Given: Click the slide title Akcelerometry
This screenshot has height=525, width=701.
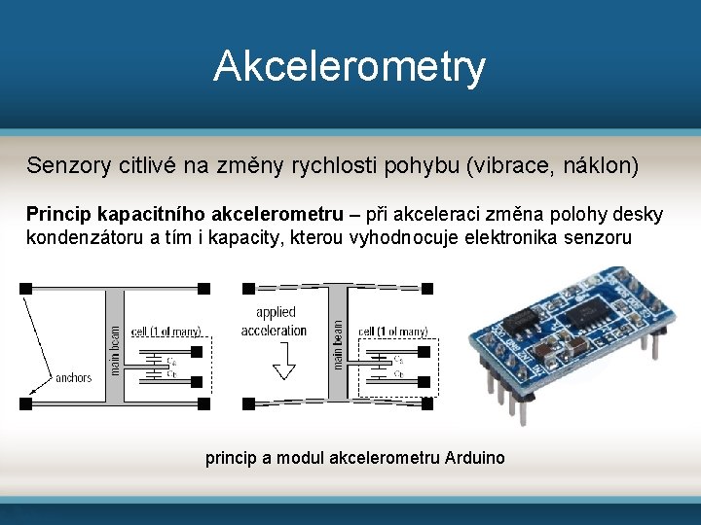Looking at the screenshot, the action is point(350,67).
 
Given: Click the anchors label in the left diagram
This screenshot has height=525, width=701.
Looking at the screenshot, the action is point(75,377).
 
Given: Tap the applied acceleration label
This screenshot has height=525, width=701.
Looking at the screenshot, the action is point(275,322).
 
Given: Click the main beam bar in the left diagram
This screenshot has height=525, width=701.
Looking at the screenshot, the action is point(115,345).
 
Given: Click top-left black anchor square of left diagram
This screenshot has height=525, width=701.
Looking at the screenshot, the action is point(25,288).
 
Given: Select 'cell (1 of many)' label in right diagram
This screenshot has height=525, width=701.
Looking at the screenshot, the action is point(393,332).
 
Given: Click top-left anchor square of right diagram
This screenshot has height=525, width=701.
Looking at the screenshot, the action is point(248,288).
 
